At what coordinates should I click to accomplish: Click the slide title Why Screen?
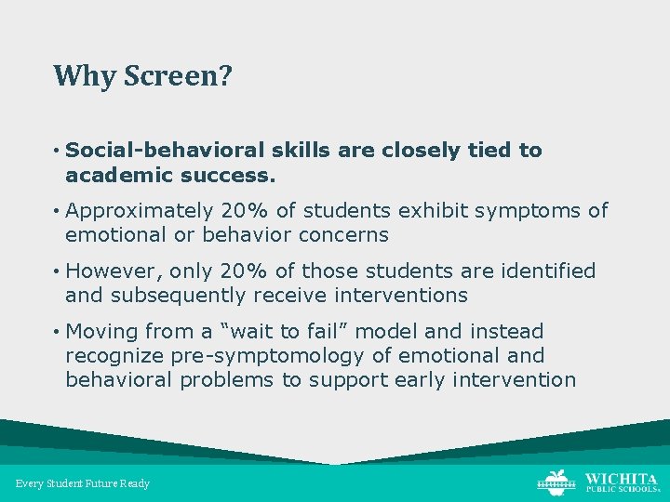pos(142,75)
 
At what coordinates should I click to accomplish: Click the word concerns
pos(342,235)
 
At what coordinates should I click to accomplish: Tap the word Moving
pos(100,332)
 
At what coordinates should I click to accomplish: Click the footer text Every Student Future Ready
pos(83,483)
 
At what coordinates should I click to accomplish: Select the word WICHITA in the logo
pos(621,478)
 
